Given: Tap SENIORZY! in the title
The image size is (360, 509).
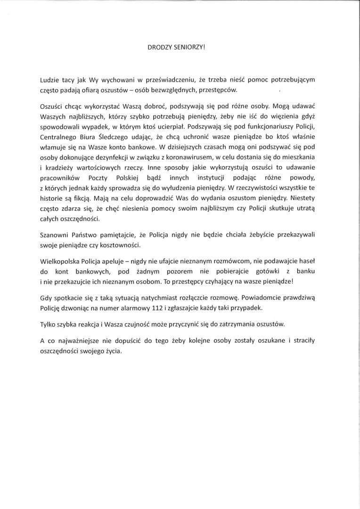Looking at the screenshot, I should pyautogui.click(x=189, y=47).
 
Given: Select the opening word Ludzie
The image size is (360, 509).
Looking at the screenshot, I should pyautogui.click(x=50, y=80).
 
